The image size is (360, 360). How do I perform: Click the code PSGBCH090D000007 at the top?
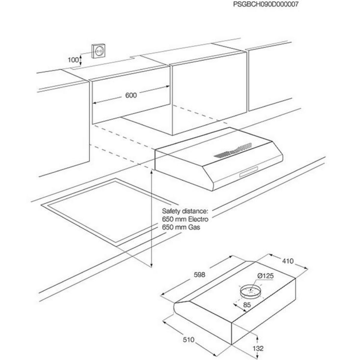pyautogui.click(x=266, y=4)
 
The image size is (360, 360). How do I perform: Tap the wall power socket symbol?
pyautogui.click(x=98, y=51)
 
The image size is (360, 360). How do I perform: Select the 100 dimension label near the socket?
pyautogui.click(x=73, y=60)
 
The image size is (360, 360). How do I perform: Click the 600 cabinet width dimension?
pyautogui.click(x=131, y=95)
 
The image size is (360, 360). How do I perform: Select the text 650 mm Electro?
pyautogui.click(x=185, y=219)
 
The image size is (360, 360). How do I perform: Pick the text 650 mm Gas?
pyautogui.click(x=181, y=227)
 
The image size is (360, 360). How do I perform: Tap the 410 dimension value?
pyautogui.click(x=288, y=261)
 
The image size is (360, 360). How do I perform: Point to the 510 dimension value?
pyautogui.click(x=189, y=340)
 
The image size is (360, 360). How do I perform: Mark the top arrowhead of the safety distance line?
pyautogui.click(x=152, y=171)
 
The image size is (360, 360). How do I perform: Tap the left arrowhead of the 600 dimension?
pyautogui.click(x=93, y=103)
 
